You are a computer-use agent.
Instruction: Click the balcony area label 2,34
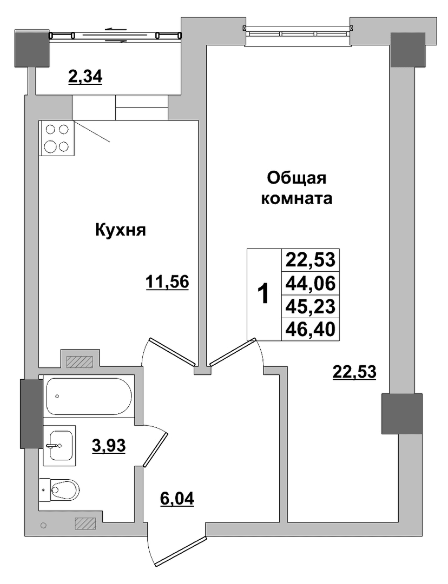[85, 77]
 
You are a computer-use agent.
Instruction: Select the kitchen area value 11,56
[167, 282]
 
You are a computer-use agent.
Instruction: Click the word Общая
[297, 178]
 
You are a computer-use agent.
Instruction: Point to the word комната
[297, 198]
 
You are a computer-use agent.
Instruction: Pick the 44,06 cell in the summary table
[311, 284]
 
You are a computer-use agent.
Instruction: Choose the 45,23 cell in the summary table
[311, 306]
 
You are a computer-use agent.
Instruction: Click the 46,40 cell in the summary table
[311, 329]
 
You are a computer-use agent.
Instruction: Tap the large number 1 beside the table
[263, 294]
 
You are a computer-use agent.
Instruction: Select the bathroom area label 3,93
[109, 445]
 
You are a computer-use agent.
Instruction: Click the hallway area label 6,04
[177, 498]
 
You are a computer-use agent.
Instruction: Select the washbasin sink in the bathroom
[60, 446]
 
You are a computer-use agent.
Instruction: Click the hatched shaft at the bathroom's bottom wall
[85, 523]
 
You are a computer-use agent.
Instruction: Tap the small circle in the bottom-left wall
[43, 525]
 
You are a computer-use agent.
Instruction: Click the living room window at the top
[298, 31]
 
